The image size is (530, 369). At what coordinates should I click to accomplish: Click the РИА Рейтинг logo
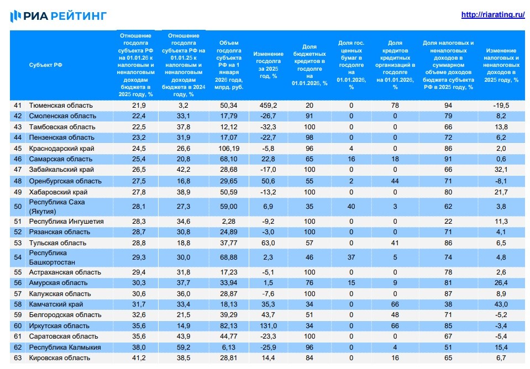[58, 15]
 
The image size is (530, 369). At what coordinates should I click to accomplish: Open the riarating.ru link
[492, 15]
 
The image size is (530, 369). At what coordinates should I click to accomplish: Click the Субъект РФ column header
[45, 65]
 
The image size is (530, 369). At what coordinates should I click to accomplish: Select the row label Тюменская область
[61, 105]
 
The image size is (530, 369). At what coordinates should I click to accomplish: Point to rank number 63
[17, 358]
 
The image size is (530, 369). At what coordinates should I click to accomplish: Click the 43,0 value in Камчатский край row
[500, 304]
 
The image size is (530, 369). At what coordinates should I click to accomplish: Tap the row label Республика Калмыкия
[65, 347]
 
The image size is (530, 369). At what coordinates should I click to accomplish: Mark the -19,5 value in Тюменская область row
[500, 105]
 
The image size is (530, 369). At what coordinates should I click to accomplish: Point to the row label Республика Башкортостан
[52, 257]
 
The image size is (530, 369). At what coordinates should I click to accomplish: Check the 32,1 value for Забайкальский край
[500, 170]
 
